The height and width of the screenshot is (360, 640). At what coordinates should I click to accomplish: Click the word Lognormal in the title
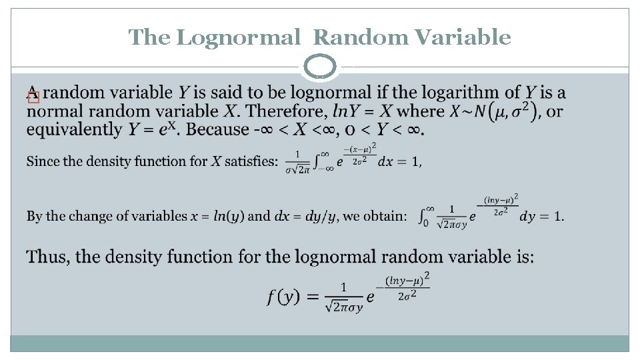(239, 37)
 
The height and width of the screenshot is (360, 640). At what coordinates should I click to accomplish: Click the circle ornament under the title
(321, 68)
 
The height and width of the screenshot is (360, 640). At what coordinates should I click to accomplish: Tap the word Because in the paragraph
(217, 129)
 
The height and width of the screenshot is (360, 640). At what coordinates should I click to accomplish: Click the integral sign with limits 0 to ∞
(423, 216)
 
